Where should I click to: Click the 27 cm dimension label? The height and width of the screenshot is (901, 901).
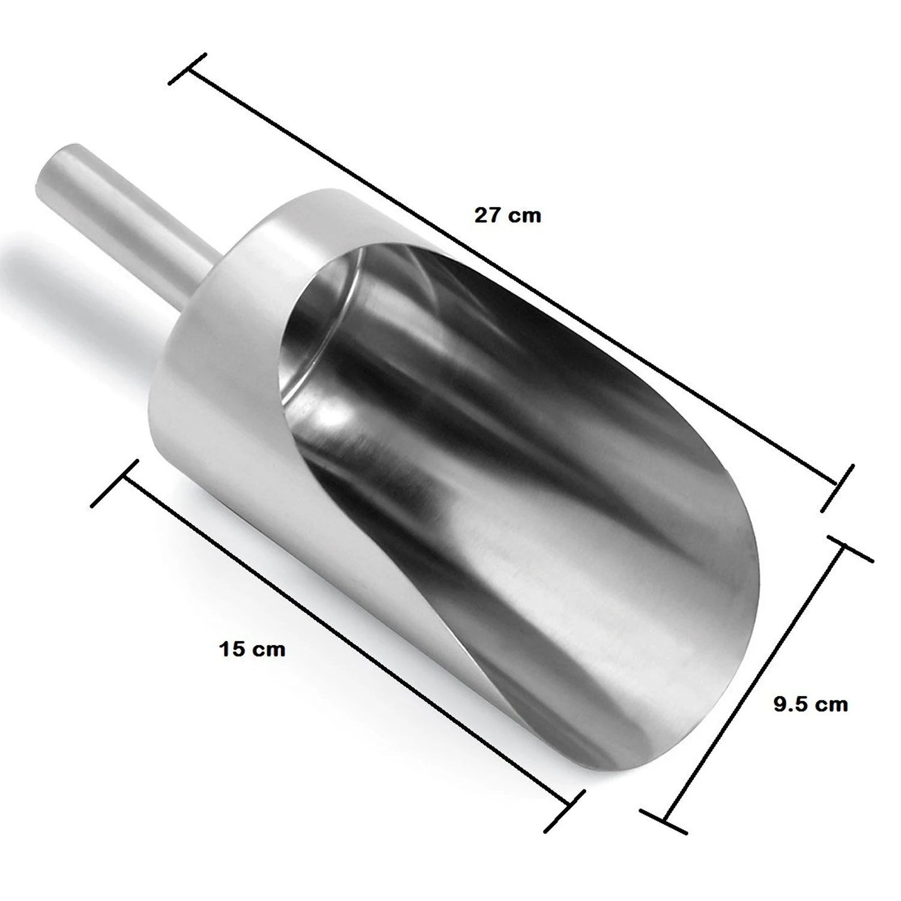pyautogui.click(x=508, y=215)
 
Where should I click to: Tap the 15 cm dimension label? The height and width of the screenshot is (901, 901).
pyautogui.click(x=252, y=649)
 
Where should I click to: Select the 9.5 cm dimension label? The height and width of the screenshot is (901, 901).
pyautogui.click(x=810, y=704)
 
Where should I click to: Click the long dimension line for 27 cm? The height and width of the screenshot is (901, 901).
pyautogui.click(x=511, y=276)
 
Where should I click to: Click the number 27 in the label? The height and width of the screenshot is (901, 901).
pyautogui.click(x=488, y=215)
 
